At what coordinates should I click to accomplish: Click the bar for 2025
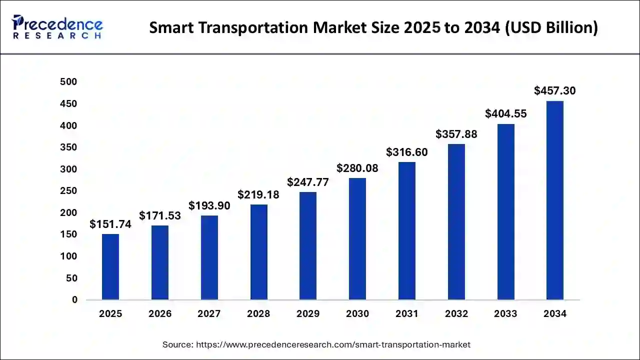(110, 267)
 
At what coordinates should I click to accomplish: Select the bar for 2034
(554, 200)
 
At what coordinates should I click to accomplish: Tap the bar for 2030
(357, 239)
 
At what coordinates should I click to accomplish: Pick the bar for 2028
(258, 252)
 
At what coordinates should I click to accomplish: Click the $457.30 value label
(554, 91)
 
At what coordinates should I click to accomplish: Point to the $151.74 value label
(110, 224)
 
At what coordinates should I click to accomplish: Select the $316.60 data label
(406, 152)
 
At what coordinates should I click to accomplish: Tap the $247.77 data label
(308, 182)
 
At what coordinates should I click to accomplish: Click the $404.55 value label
(505, 114)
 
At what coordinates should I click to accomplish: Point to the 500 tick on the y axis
(68, 82)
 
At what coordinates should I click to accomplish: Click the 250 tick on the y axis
(68, 191)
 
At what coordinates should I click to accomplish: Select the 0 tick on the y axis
(74, 300)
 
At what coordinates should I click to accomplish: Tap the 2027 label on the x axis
(209, 314)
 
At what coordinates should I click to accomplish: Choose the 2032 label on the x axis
(456, 314)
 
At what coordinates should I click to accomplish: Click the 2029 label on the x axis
(308, 314)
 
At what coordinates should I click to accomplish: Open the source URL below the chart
(333, 344)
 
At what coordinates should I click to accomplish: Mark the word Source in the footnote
(177, 344)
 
